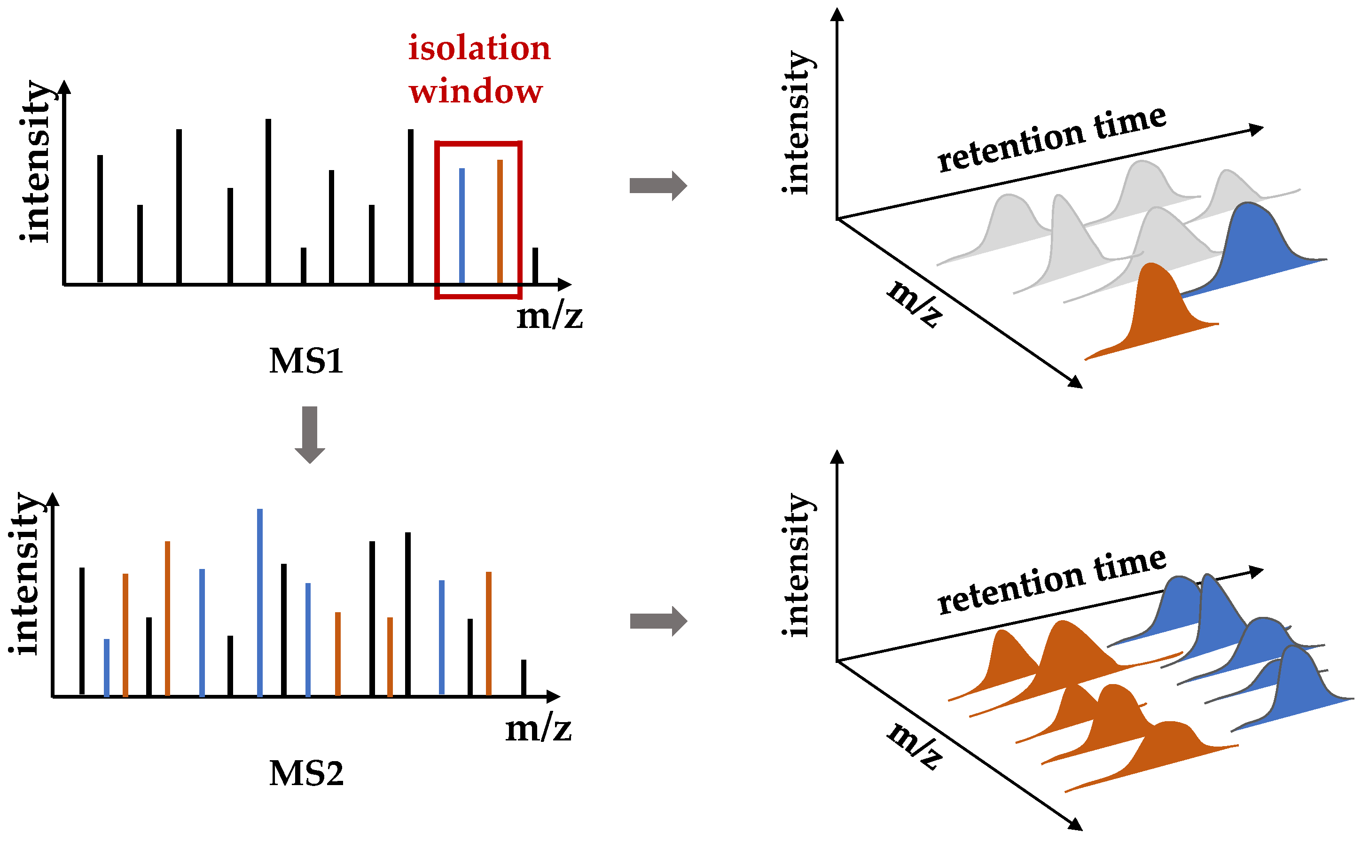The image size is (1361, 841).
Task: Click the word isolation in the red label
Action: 479,48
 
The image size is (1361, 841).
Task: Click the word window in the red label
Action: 476,91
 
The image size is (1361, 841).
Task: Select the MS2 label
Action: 306,774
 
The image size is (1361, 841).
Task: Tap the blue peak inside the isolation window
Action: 461,225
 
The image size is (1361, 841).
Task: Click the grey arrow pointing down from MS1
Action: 309,434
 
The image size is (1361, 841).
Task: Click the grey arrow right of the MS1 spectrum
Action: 658,186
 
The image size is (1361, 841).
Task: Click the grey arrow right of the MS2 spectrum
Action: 658,621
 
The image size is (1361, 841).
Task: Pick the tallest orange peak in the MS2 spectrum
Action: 167,618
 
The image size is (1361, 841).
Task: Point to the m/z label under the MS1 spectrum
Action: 549,317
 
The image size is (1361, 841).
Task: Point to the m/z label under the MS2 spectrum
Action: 538,729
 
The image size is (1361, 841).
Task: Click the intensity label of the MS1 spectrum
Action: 34,161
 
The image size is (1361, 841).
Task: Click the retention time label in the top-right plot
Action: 1051,139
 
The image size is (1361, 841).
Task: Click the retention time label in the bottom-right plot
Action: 1051,581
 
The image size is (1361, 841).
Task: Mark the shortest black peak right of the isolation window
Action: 535,266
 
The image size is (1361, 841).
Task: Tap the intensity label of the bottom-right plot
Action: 797,565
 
